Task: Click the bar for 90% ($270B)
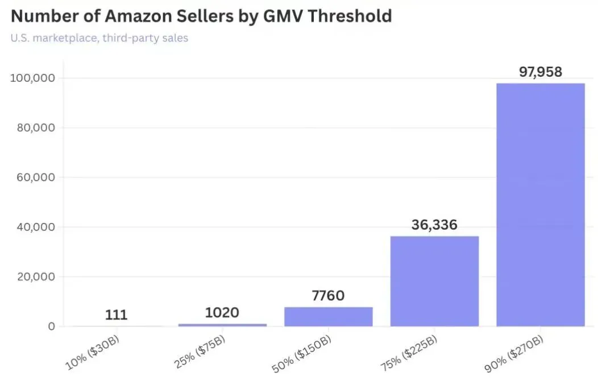(x=540, y=205)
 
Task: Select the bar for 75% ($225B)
(x=434, y=281)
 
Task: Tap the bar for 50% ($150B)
(x=328, y=316)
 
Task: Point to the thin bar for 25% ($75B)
(x=222, y=325)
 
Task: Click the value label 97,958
(x=540, y=72)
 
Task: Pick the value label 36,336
(x=434, y=225)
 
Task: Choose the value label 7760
(x=328, y=296)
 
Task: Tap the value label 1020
(x=222, y=312)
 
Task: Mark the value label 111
(x=116, y=314)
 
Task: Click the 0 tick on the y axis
(x=52, y=326)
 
